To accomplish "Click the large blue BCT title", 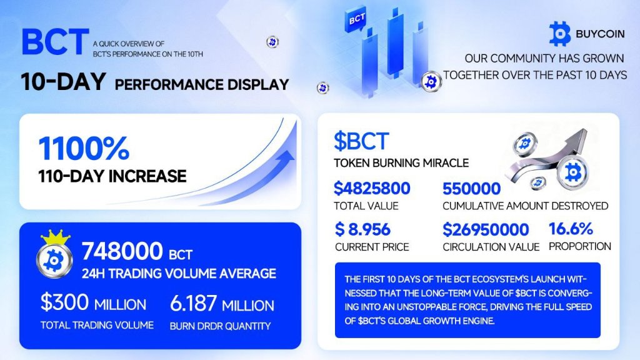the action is pyautogui.click(x=56, y=41).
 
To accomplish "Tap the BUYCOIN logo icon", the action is pyautogui.click(x=559, y=34).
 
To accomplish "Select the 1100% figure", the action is pyautogui.click(x=84, y=148).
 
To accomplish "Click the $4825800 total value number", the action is pyautogui.click(x=372, y=188).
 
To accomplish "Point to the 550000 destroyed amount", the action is pyautogui.click(x=471, y=189).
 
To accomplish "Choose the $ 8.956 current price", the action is pyautogui.click(x=362, y=229).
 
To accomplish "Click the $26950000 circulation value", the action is pyautogui.click(x=486, y=229).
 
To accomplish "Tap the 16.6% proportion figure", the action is pyautogui.click(x=571, y=229).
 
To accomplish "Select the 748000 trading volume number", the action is pyautogui.click(x=122, y=251).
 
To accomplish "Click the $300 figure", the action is pyautogui.click(x=64, y=302).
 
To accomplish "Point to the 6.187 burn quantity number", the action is pyautogui.click(x=193, y=303).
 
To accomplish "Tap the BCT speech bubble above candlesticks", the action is pyautogui.click(x=356, y=18).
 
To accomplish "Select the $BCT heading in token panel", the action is pyautogui.click(x=361, y=141).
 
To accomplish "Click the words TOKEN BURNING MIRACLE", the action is pyautogui.click(x=401, y=163).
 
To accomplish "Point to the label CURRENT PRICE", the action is pyautogui.click(x=372, y=247).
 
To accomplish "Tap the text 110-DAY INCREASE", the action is pyautogui.click(x=112, y=176).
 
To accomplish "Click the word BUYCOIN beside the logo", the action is pyautogui.click(x=600, y=34).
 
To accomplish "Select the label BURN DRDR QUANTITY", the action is pyautogui.click(x=220, y=326).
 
